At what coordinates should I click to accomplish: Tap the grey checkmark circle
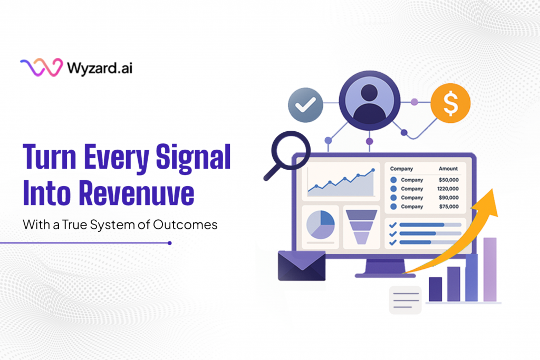tap(305, 105)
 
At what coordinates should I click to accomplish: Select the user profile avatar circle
tap(369, 101)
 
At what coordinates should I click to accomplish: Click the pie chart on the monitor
tap(321, 224)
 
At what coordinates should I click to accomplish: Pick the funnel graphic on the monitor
tap(360, 226)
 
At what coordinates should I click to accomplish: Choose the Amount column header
tap(448, 169)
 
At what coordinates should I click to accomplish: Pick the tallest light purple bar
tap(490, 269)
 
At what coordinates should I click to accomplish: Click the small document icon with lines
tap(404, 300)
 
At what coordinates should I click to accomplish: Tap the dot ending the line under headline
tap(169, 243)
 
